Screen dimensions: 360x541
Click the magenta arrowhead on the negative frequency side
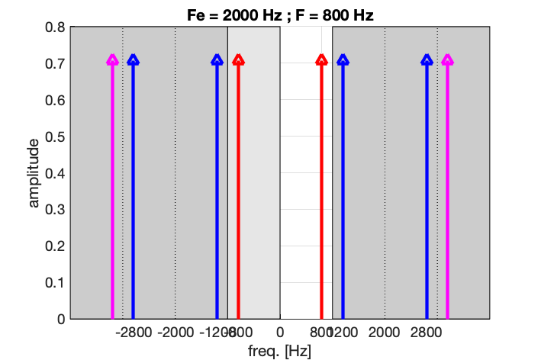[x=112, y=59]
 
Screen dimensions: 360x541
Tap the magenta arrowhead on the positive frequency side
[x=447, y=59]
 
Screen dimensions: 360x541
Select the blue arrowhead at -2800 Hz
[x=133, y=59]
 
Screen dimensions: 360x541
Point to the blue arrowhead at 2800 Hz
[x=427, y=59]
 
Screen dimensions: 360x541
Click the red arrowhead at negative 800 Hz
[x=238, y=59]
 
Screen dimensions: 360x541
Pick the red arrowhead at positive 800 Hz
[x=321, y=59]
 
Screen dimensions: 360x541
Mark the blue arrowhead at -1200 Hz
[x=217, y=59]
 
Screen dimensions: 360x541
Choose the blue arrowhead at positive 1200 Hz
[x=343, y=59]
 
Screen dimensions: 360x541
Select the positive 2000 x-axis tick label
[x=385, y=333]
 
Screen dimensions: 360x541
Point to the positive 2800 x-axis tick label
[x=427, y=333]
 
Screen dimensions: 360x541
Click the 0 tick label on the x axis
[x=280, y=333]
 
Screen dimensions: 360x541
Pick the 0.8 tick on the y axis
[x=54, y=27]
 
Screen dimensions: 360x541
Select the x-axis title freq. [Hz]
[x=280, y=351]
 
